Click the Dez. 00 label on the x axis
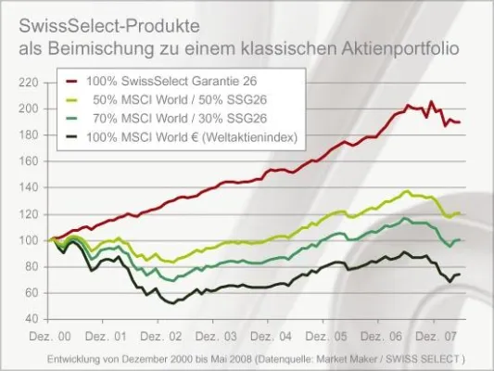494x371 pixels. coord(53,332)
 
